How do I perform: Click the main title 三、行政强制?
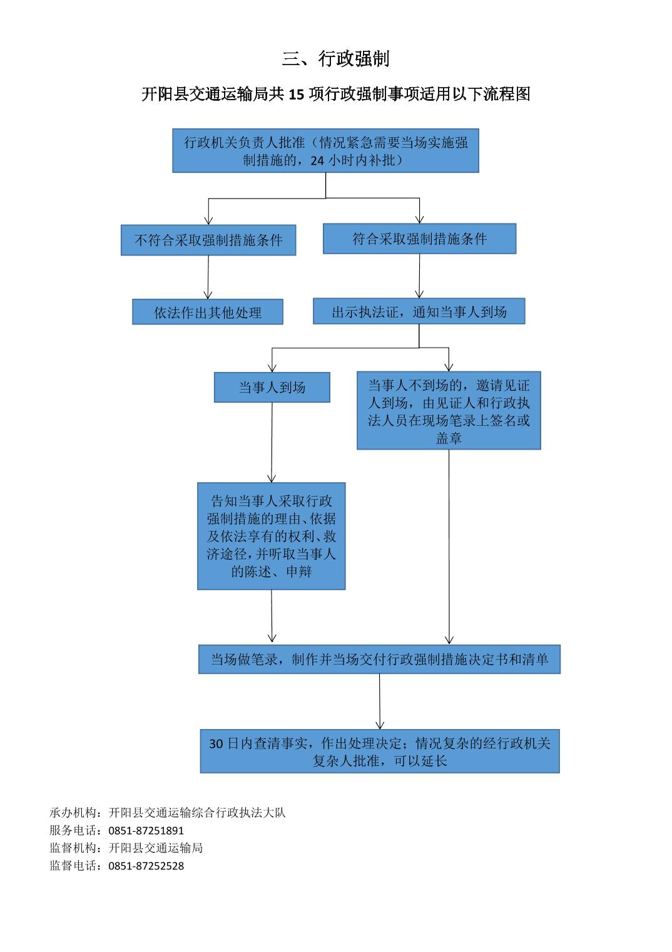335,59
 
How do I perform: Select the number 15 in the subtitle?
297,95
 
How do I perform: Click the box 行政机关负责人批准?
325,150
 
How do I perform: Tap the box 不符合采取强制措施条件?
208,240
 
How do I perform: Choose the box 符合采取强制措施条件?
419,239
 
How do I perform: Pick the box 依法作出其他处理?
208,312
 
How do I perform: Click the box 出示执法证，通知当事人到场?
419,311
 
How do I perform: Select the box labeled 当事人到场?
272,387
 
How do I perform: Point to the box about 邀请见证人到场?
449,411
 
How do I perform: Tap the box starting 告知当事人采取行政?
272,536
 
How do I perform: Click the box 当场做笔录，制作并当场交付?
380,659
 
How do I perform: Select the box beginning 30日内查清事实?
380,752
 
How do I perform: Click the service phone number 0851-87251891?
146,830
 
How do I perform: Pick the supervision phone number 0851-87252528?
146,866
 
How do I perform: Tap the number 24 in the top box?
317,161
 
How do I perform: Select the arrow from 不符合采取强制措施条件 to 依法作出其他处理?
208,277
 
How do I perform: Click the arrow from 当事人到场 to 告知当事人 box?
272,442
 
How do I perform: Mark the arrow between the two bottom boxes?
380,701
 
